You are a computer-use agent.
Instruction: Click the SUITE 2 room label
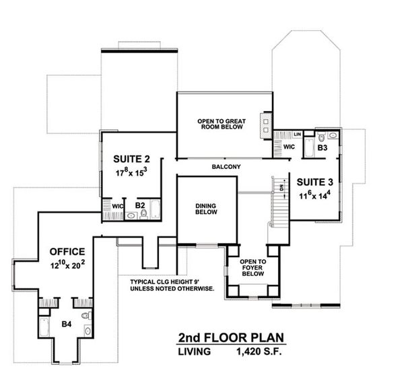(132, 159)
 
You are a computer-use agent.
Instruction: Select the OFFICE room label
(67, 251)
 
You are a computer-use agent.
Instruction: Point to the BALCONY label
(226, 166)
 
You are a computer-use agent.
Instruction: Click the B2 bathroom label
(140, 204)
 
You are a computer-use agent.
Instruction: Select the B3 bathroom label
(323, 147)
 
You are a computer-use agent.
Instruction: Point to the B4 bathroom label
(66, 324)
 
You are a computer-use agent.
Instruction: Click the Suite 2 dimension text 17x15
(132, 173)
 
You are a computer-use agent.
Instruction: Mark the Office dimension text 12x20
(67, 265)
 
